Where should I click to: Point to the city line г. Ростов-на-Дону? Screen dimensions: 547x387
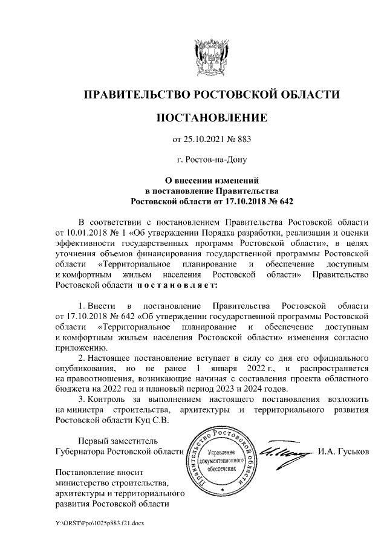pos(212,160)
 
